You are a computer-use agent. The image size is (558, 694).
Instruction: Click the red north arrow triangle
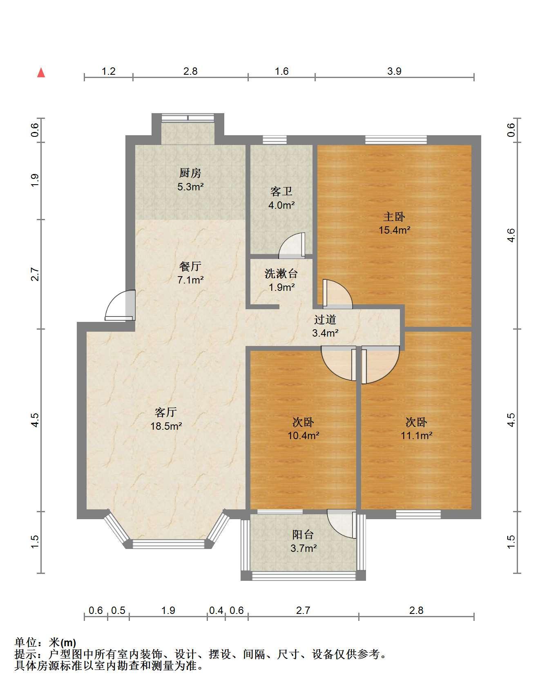(x=41, y=73)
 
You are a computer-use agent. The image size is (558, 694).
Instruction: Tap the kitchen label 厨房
(x=190, y=173)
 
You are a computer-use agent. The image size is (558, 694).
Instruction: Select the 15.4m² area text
(x=394, y=230)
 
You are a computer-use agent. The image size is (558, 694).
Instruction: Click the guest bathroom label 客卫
(x=281, y=192)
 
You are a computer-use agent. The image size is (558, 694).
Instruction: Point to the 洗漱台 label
(x=281, y=273)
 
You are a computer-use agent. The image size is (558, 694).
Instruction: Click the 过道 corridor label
(x=325, y=319)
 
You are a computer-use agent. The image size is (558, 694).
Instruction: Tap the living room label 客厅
(x=166, y=412)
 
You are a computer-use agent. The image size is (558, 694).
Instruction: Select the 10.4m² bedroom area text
(x=303, y=435)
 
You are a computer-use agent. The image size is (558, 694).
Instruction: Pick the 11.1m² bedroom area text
(x=416, y=435)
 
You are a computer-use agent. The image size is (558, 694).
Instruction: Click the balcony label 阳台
(x=303, y=534)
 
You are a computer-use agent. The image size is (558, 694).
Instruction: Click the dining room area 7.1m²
(x=190, y=280)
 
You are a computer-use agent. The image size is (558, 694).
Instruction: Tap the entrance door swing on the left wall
(x=120, y=305)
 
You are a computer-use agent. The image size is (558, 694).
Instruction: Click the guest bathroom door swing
(x=292, y=245)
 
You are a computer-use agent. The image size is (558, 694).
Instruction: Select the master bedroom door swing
(x=337, y=293)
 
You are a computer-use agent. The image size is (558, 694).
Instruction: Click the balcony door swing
(x=341, y=524)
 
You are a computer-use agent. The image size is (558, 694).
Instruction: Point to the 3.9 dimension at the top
(x=394, y=71)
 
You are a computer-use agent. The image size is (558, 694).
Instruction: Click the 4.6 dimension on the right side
(x=511, y=235)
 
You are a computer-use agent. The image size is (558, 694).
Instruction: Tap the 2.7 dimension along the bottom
(x=303, y=610)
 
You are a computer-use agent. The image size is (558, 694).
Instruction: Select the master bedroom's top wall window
(x=396, y=140)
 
